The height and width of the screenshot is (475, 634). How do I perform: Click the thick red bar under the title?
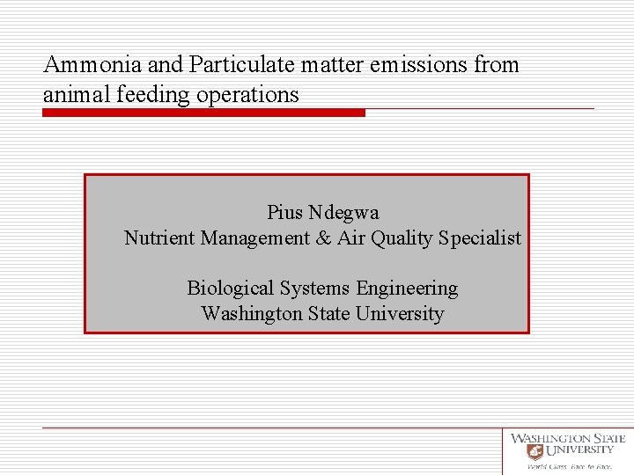tap(203, 113)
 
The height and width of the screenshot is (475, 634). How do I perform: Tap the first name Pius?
tap(285, 213)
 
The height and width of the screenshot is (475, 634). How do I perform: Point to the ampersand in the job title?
tap(323, 238)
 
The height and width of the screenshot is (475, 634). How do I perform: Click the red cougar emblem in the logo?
tap(534, 451)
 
